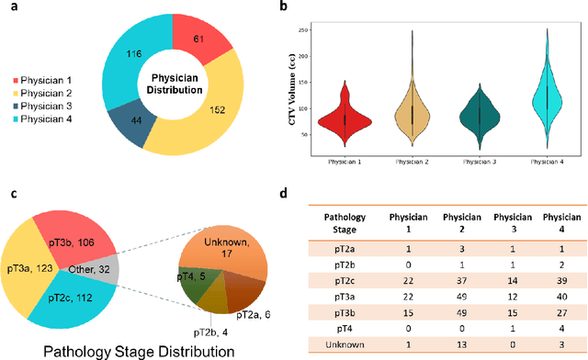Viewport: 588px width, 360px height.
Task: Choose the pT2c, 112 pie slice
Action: [x=77, y=299]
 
